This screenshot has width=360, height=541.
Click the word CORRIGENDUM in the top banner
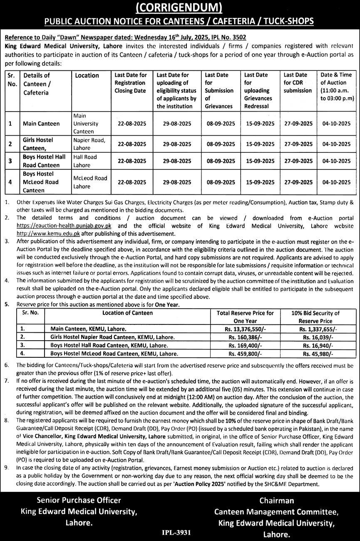[180, 7]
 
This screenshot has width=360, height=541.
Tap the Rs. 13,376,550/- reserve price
[243, 329]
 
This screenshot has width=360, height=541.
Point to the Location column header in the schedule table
[87, 75]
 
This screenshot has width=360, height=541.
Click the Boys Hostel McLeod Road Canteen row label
[41, 182]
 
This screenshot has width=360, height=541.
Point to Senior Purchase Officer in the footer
[79, 500]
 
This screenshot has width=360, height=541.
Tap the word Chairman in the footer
[277, 501]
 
